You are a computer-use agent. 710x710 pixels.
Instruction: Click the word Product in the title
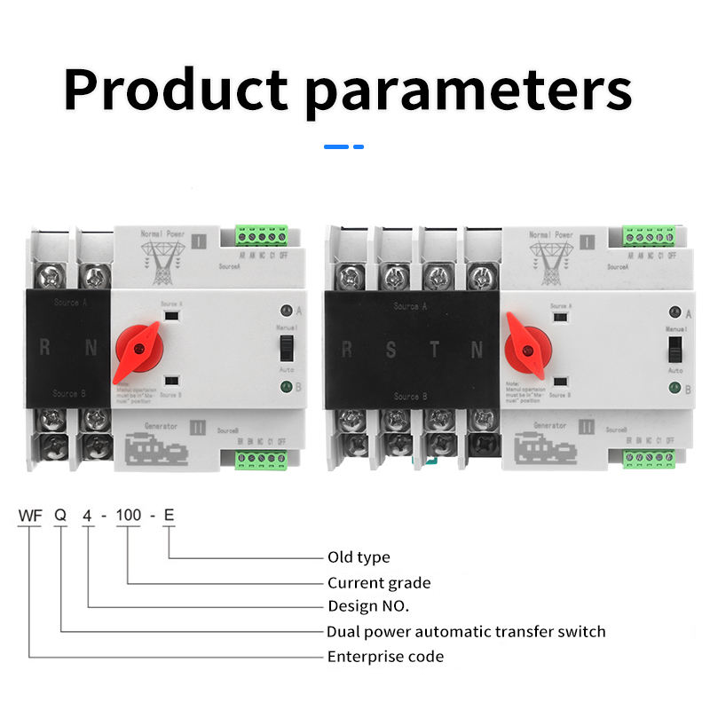[177, 88]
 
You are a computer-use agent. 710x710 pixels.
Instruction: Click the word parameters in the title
[469, 91]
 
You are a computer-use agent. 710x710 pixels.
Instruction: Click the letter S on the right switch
[391, 349]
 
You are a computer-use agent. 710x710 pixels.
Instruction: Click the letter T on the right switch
[434, 349]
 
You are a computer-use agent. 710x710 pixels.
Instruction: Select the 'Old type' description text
[359, 557]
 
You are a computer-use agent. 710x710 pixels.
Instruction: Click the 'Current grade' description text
[379, 583]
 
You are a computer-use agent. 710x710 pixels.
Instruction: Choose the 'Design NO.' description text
[368, 607]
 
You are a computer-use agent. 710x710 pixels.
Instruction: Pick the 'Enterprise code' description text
[385, 657]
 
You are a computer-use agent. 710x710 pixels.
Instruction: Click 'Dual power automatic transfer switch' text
[466, 632]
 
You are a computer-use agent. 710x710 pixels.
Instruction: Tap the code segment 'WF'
[30, 516]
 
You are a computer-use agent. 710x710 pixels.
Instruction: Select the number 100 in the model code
[129, 516]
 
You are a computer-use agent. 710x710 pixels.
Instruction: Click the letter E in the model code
[169, 516]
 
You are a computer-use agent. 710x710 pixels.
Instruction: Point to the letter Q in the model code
[60, 516]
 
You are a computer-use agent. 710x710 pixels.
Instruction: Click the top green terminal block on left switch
[263, 235]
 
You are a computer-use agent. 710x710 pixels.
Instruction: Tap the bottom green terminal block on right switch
[650, 459]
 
